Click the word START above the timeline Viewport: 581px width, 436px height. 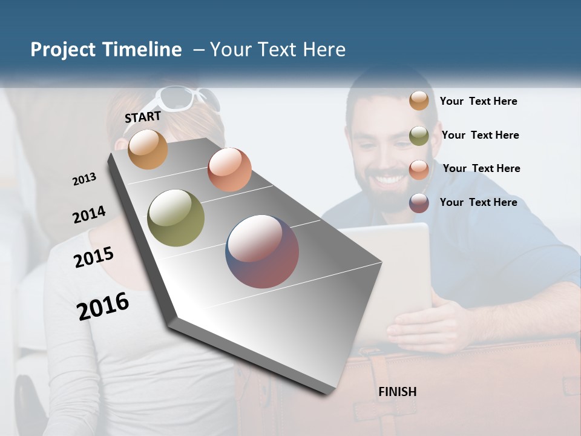click(x=143, y=117)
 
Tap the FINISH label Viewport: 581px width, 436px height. click(x=397, y=392)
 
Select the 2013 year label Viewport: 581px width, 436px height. click(x=84, y=179)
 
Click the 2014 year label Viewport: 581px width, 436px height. click(x=89, y=215)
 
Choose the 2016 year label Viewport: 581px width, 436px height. click(x=103, y=306)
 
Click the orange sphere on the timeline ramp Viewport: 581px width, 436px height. click(x=148, y=149)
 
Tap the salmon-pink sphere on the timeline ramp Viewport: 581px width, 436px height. click(x=229, y=169)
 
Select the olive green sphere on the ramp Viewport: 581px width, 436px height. click(x=176, y=218)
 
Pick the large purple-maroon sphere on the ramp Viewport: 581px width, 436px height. click(x=262, y=251)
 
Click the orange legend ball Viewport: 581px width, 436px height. click(x=419, y=101)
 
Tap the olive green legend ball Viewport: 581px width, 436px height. click(x=419, y=136)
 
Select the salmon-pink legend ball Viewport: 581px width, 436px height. click(x=419, y=169)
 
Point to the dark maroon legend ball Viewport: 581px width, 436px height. click(x=419, y=202)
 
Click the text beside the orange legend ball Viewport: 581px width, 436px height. click(x=478, y=101)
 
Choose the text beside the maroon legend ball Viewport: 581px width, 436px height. click(x=478, y=202)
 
